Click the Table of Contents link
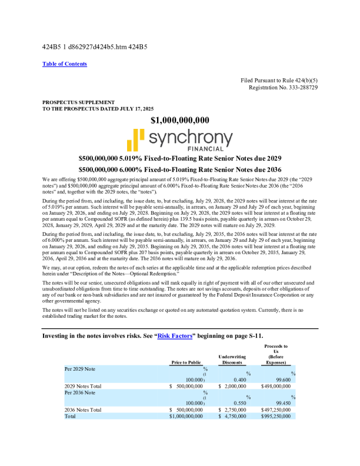65,64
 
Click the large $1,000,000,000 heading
180,121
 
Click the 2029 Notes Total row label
84,386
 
